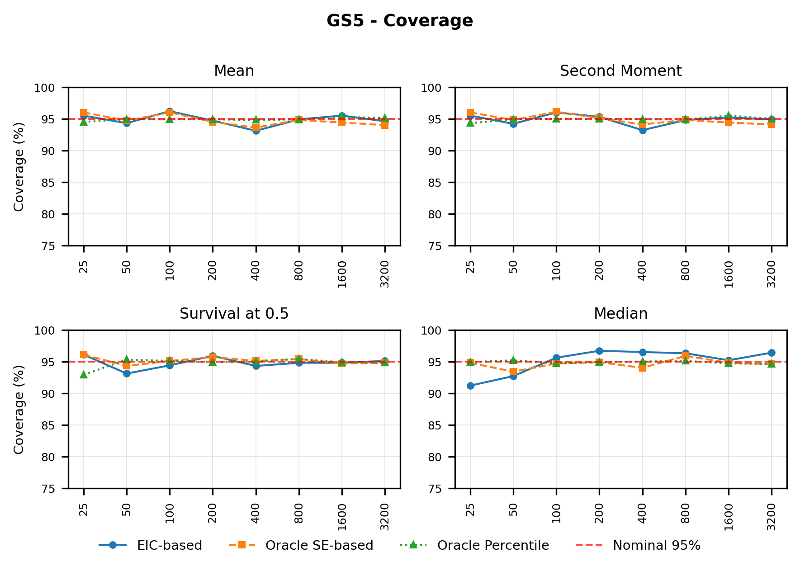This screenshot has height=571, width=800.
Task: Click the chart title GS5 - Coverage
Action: (400, 21)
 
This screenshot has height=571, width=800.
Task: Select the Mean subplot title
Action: (234, 71)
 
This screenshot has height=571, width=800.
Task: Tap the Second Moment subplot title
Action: (620, 71)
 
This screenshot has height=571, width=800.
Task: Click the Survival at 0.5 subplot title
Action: (234, 314)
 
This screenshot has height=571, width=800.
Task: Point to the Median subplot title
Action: (620, 314)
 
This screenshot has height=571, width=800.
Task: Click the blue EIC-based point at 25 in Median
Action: (470, 386)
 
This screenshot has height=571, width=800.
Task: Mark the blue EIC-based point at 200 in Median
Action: (599, 351)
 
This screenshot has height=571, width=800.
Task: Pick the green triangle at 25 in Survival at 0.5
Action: (84, 374)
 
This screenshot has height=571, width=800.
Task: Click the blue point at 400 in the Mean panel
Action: (256, 131)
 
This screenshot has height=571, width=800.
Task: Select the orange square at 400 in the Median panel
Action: (643, 368)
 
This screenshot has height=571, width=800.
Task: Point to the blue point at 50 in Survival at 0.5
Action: (127, 373)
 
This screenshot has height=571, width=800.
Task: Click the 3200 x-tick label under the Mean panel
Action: (384, 274)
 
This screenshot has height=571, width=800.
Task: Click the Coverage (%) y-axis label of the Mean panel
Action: (19, 166)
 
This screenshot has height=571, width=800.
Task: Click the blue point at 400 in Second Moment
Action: (643, 130)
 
